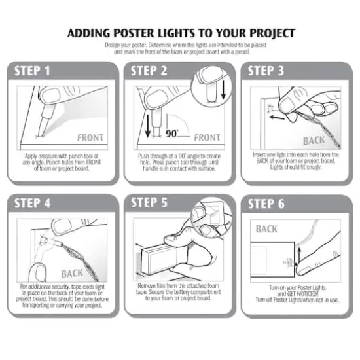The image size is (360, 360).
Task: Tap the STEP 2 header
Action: click(149, 71)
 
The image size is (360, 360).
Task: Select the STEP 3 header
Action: click(266, 71)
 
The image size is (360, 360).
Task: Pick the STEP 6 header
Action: click(266, 204)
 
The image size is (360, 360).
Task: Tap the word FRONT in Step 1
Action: click(91, 138)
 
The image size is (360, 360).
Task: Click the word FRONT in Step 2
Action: click(207, 138)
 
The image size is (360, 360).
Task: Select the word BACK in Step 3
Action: click(315, 141)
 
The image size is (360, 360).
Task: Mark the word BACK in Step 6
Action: click(266, 229)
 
